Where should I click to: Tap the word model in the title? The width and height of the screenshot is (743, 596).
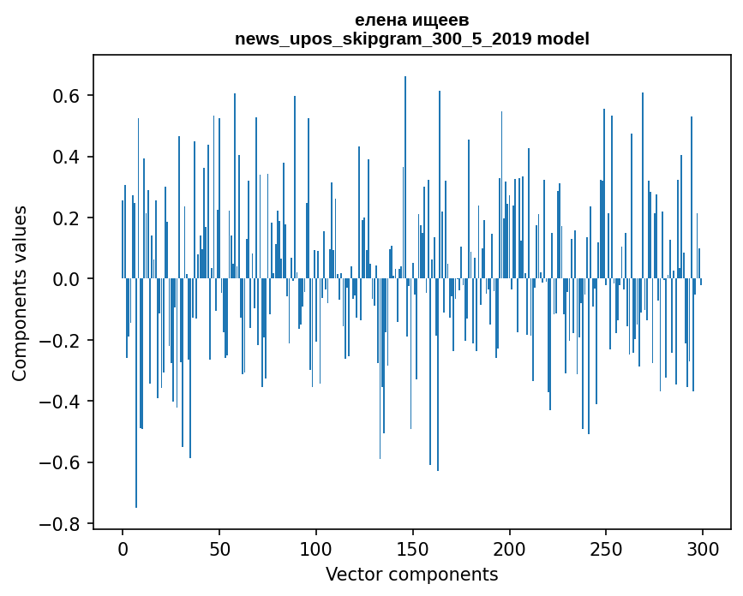563,39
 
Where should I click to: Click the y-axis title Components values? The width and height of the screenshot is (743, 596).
20,293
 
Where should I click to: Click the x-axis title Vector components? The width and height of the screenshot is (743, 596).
411,574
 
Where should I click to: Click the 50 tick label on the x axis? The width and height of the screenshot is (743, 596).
219,548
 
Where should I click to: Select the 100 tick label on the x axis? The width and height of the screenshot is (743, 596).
316,548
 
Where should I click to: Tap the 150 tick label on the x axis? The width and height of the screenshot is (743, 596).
413,548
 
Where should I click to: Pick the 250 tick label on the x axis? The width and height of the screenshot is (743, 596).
606,548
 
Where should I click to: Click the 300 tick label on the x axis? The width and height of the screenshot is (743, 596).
703,548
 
